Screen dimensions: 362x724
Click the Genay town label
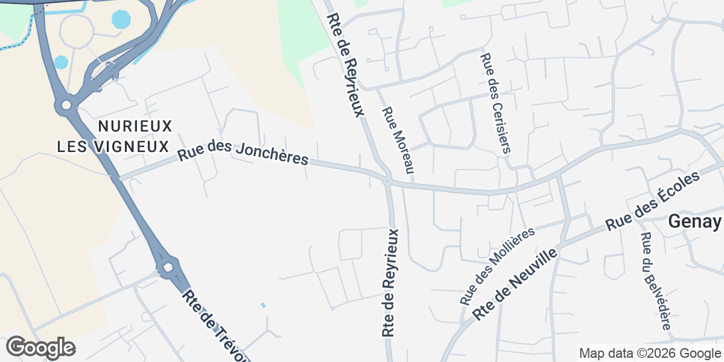click(x=694, y=223)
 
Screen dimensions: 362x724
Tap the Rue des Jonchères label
click(x=243, y=153)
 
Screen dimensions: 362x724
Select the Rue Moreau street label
click(x=398, y=141)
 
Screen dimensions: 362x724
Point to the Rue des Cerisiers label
click(x=495, y=103)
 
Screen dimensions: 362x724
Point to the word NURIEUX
click(x=135, y=126)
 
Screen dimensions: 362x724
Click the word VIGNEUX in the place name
click(x=139, y=146)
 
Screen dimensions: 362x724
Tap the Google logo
click(x=40, y=348)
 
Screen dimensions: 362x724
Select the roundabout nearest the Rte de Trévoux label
click(x=168, y=266)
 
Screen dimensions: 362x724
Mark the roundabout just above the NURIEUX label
click(x=66, y=106)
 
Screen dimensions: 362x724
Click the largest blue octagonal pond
click(x=121, y=19)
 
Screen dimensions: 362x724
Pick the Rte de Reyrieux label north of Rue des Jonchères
click(x=346, y=65)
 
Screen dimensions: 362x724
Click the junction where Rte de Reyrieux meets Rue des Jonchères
click(x=387, y=180)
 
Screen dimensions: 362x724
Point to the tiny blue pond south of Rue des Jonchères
click(x=263, y=305)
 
